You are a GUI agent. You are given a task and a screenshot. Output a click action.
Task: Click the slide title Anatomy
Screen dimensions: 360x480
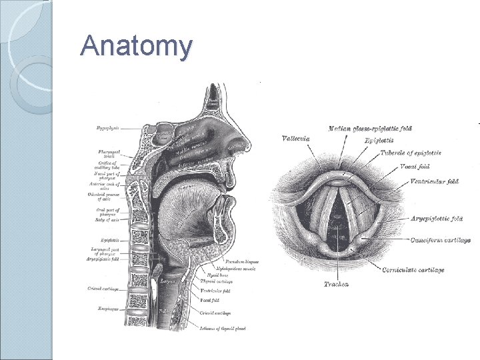136,46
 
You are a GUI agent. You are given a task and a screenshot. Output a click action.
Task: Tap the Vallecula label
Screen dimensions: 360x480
295,138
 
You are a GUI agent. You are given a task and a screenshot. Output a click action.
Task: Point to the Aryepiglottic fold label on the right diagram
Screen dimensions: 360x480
437,219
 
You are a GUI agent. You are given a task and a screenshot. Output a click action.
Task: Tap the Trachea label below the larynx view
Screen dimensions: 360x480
337,285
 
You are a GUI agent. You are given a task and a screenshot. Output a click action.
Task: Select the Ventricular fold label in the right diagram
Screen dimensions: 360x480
435,181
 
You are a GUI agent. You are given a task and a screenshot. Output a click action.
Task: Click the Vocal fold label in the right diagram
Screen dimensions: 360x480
415,167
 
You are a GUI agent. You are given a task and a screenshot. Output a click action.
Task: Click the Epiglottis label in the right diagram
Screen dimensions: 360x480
379,141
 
